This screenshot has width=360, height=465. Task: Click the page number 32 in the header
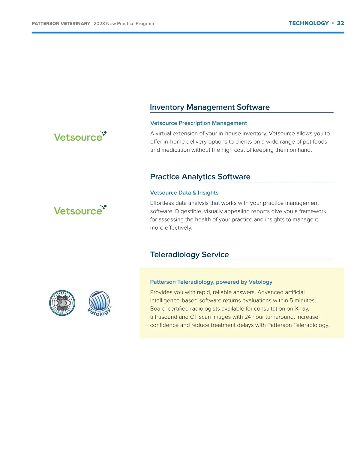(x=340, y=23)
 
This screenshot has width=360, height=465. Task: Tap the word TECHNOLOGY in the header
(x=309, y=23)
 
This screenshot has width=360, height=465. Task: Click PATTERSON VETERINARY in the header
(x=61, y=24)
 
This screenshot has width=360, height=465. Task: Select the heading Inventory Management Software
(x=209, y=107)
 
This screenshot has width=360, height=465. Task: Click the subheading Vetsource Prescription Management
(x=198, y=123)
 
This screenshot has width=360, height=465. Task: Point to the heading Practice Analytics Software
(x=200, y=177)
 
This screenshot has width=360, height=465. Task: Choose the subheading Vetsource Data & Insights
(x=184, y=193)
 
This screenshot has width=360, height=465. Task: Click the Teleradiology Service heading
(x=189, y=255)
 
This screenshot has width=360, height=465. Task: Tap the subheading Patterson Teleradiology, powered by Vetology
(x=211, y=282)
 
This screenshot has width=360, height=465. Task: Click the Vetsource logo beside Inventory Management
(x=80, y=137)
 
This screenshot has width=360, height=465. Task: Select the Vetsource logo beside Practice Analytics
(x=80, y=210)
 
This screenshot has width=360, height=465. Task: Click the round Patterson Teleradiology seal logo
(x=62, y=303)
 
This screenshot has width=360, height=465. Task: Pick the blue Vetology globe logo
(x=99, y=303)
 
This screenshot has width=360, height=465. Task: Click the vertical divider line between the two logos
(x=81, y=303)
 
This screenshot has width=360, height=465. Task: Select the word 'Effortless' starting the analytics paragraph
(x=162, y=203)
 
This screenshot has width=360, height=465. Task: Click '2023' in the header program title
(x=99, y=24)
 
